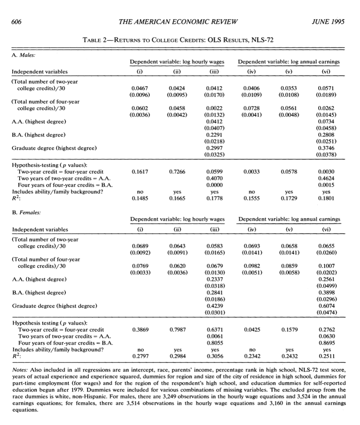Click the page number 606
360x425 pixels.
(x=16, y=22)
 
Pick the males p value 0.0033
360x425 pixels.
(x=252, y=171)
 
